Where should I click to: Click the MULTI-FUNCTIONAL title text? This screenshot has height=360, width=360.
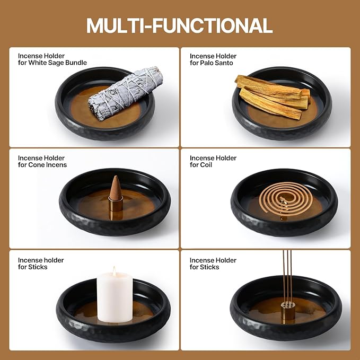(180, 25)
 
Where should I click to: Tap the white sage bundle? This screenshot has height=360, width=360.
(126, 93)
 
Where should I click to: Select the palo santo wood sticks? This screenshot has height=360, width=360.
(273, 97)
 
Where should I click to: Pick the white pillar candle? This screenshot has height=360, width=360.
(115, 297)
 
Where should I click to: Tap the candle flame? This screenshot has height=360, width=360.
(114, 271)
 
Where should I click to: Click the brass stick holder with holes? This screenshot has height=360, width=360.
(288, 310)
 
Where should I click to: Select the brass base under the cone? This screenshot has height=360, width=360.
(116, 204)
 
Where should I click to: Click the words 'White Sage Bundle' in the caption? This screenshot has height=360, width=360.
(57, 63)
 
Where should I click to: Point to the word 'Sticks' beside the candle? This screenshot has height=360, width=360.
(38, 267)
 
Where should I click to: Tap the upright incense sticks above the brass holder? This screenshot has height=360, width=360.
(287, 276)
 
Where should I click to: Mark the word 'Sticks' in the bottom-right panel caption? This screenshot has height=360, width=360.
(209, 267)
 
